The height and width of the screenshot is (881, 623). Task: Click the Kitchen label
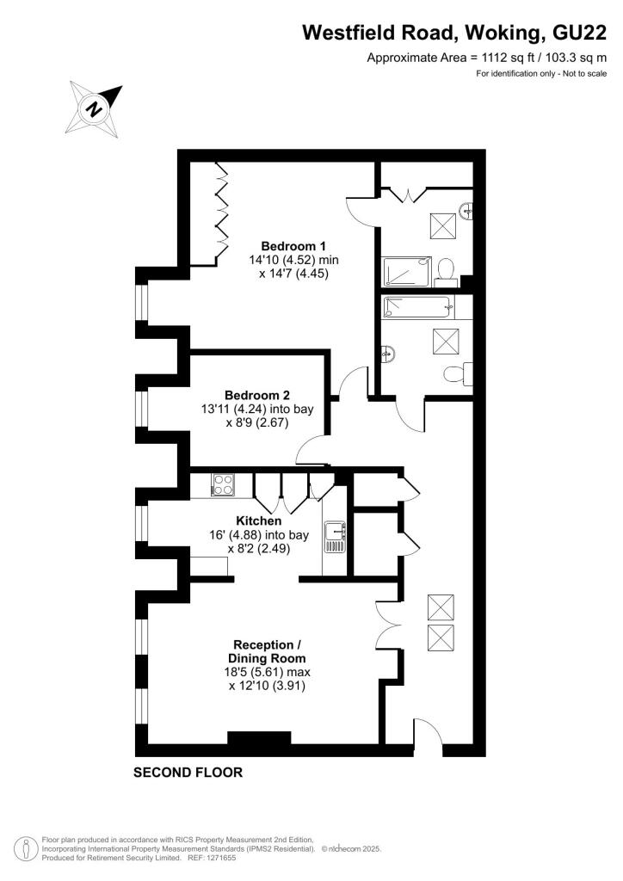click(x=259, y=521)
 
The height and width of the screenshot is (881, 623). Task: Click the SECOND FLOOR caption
click(x=188, y=773)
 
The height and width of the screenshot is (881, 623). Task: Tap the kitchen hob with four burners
click(x=223, y=485)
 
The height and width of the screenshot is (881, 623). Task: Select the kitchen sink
click(x=334, y=538)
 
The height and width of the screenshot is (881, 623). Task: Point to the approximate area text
click(x=486, y=59)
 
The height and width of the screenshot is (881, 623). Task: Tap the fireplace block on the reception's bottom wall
click(x=259, y=738)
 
